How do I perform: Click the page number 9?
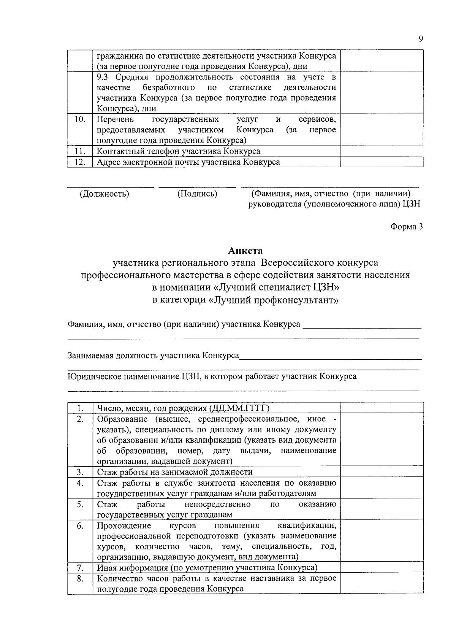point(421,39)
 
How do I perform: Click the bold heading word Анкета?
point(245,251)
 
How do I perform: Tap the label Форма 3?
point(406,227)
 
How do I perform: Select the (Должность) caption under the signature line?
point(104,194)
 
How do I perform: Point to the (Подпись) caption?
point(197,194)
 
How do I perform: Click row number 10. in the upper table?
point(80,119)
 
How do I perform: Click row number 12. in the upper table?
point(80,162)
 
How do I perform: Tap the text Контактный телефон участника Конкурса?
point(179,151)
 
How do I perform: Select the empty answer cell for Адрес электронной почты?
point(382,162)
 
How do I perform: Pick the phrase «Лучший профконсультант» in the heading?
point(273,300)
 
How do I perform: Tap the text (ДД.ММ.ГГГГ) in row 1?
point(239,408)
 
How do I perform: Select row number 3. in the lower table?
point(80,472)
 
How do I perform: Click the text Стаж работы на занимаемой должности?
point(175,472)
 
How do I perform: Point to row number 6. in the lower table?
point(80,526)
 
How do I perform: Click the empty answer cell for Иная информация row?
point(382,568)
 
